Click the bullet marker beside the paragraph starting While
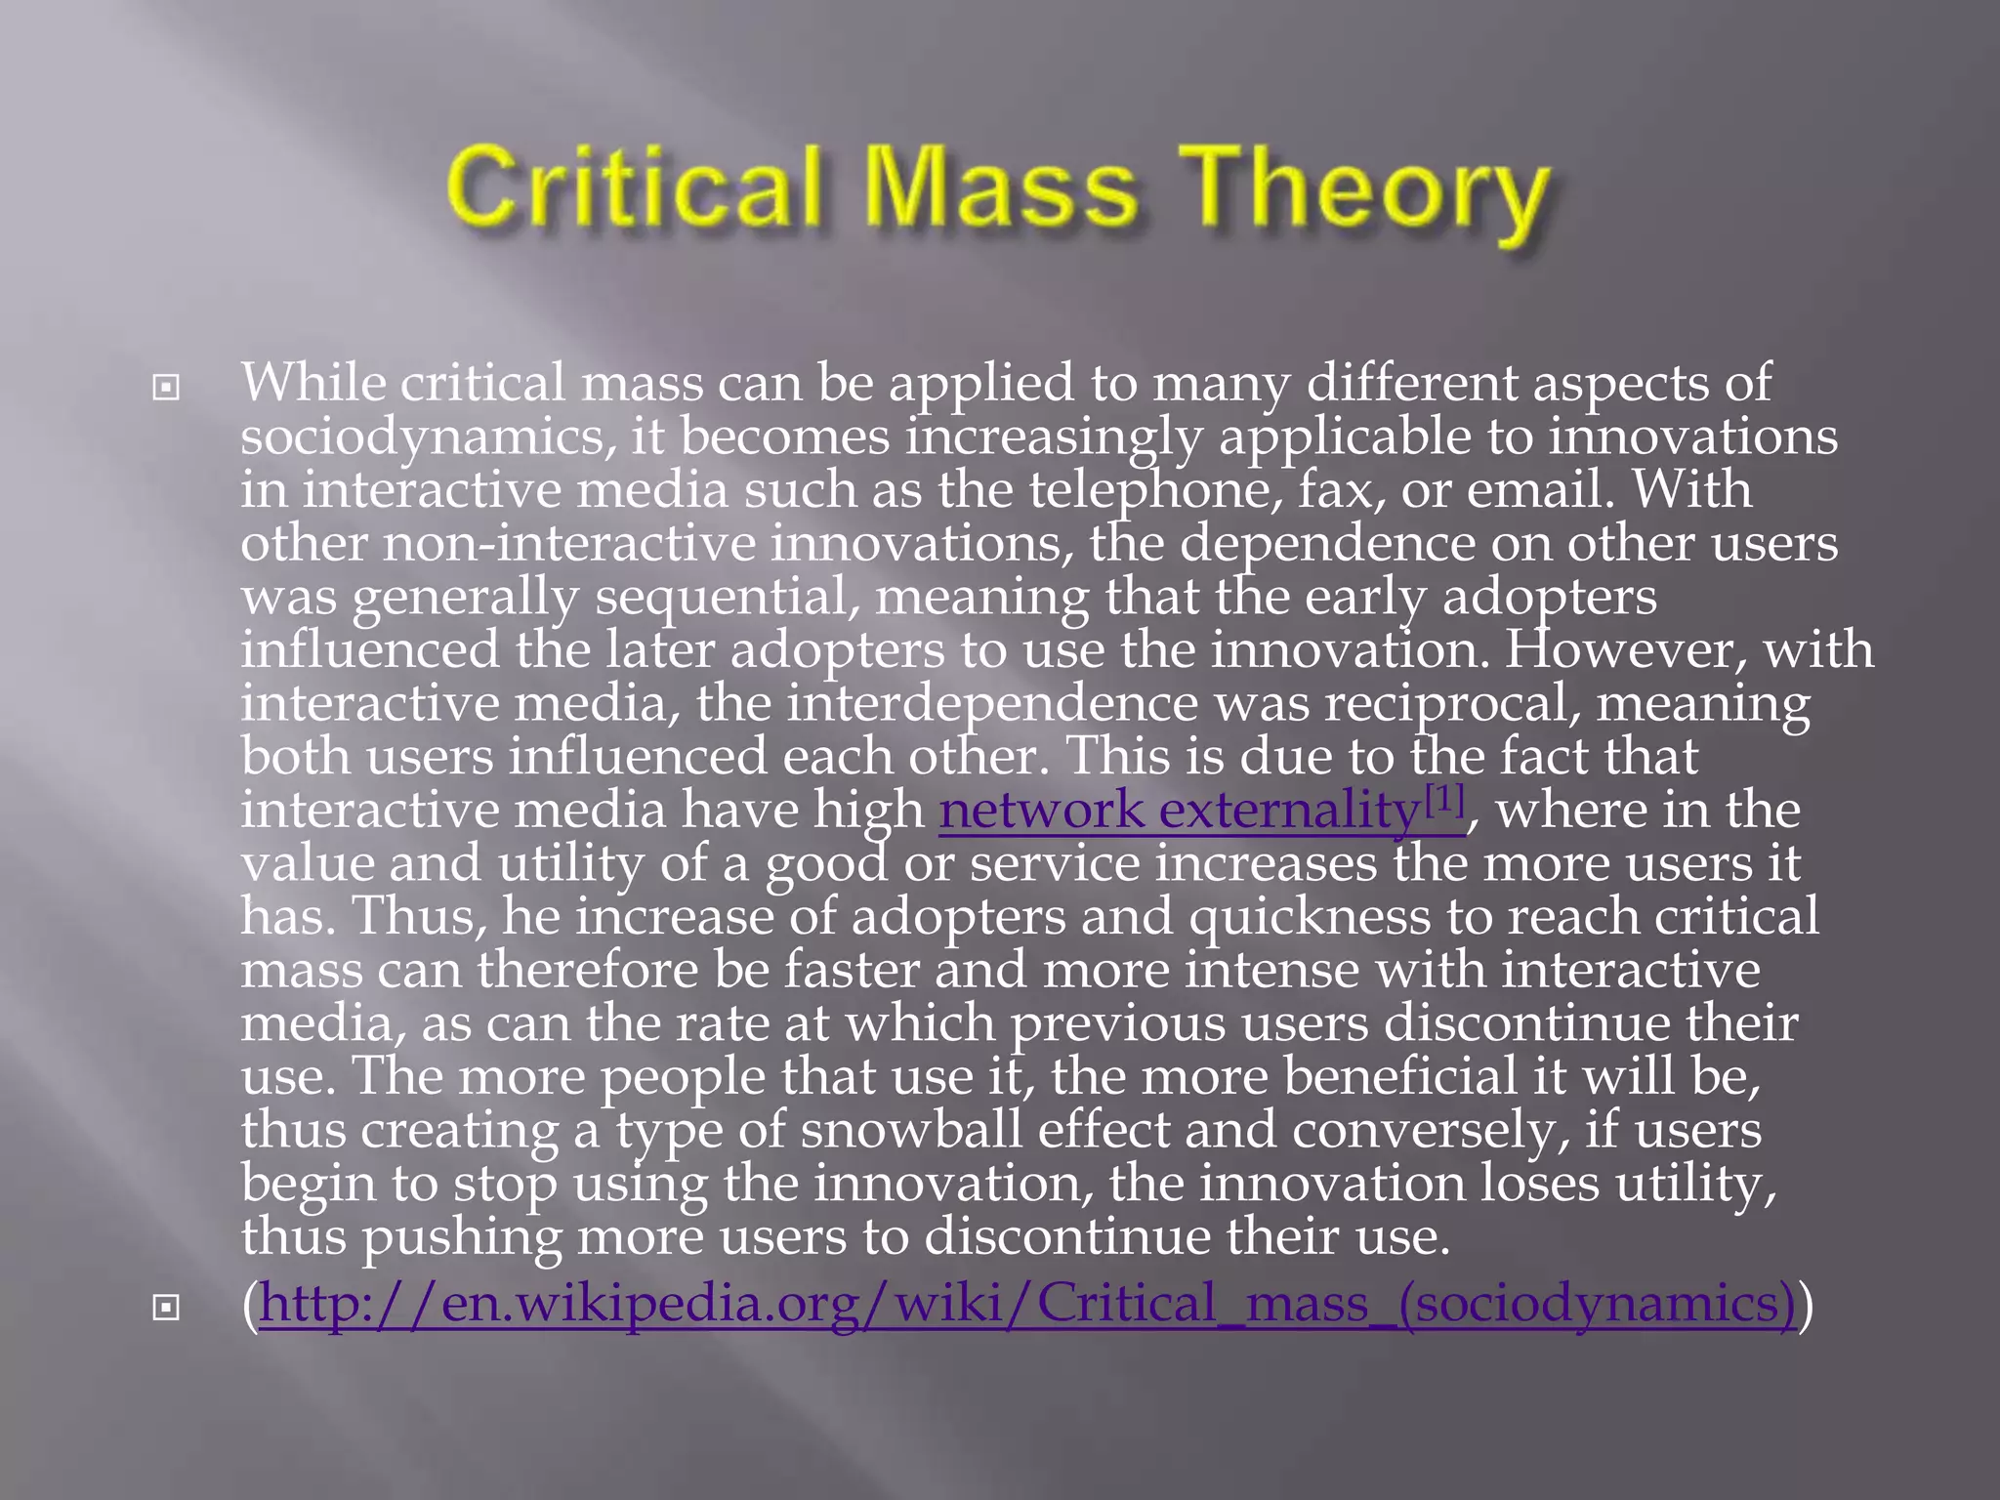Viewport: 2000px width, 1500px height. (166, 388)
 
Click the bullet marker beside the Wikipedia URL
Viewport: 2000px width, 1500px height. (166, 1307)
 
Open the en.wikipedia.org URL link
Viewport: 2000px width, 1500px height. (1026, 1304)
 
